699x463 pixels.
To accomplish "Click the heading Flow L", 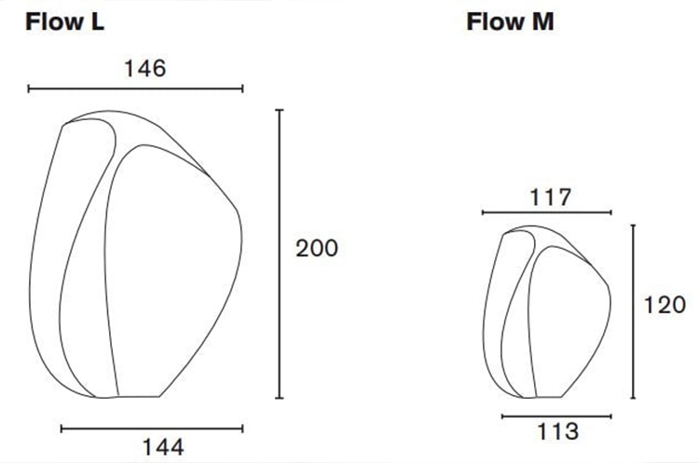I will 64,22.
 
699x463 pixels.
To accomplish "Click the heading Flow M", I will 510,22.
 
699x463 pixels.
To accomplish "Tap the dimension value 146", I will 144,68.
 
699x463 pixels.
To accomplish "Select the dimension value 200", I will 317,249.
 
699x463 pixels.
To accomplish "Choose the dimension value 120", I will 665,304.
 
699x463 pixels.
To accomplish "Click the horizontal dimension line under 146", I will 135,89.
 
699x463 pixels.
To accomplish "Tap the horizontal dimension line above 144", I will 151,429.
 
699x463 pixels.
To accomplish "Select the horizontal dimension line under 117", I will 547,213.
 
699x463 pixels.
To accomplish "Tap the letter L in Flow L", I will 96,22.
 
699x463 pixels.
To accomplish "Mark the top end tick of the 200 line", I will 279,110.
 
